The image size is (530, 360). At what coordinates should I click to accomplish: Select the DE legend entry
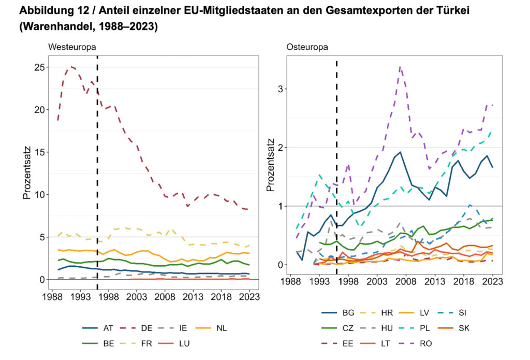pyautogui.click(x=140, y=328)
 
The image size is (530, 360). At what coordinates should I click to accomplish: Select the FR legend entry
pyautogui.click(x=140, y=343)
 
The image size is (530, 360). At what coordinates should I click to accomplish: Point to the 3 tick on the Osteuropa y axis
pyautogui.click(x=281, y=89)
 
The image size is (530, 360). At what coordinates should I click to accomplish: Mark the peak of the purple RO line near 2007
pyautogui.click(x=400, y=66)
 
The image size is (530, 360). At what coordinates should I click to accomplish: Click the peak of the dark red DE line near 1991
pyautogui.click(x=71, y=66)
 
